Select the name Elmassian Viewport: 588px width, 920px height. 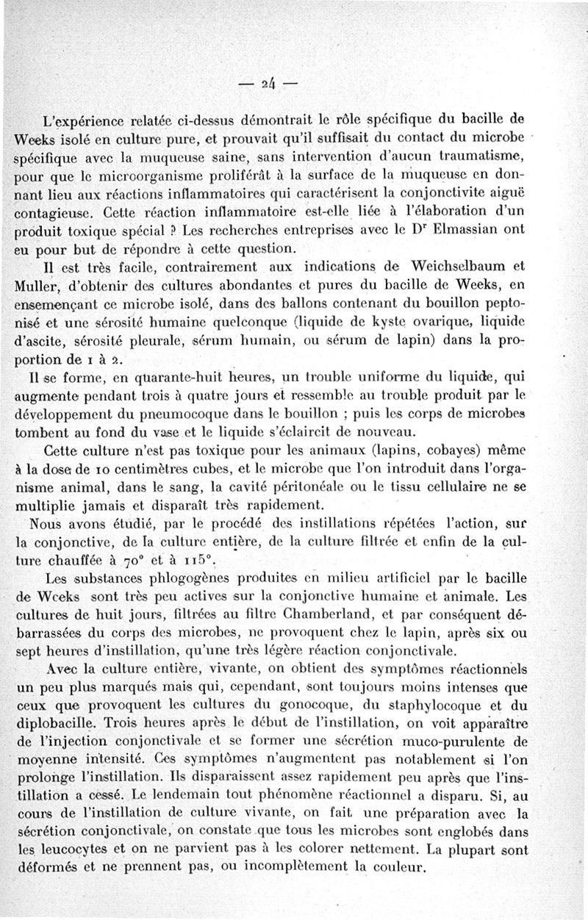click(481, 229)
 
